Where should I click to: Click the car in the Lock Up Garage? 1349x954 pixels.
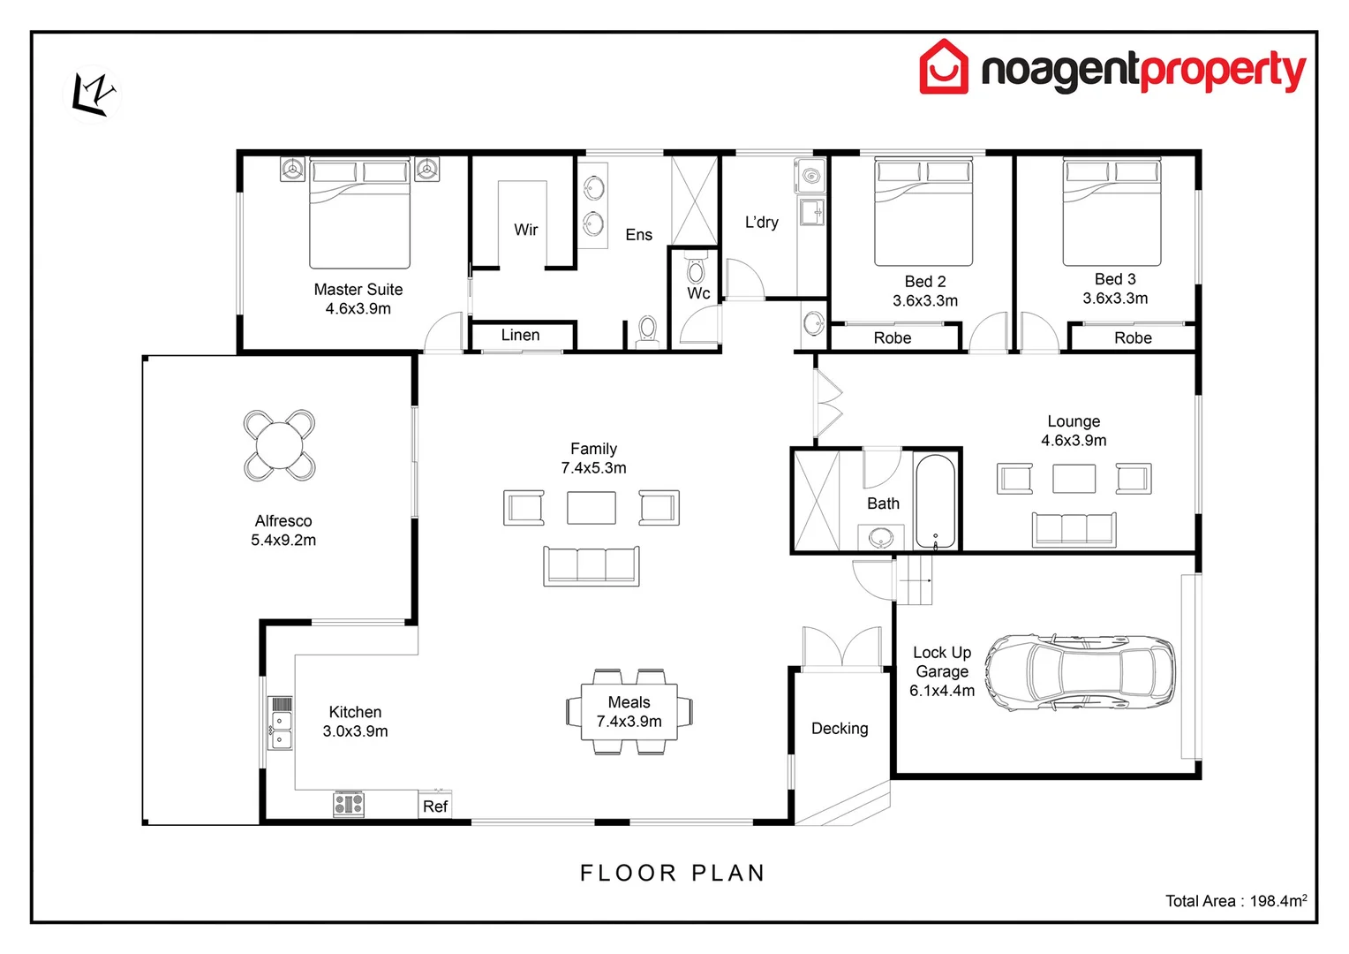(1081, 672)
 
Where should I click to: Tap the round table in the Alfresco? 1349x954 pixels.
(280, 445)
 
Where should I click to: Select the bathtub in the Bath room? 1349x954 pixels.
(934, 502)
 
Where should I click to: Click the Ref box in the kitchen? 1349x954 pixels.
(434, 806)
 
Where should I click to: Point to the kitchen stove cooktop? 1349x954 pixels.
(348, 805)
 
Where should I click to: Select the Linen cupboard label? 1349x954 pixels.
(520, 336)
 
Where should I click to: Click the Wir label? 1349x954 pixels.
(526, 230)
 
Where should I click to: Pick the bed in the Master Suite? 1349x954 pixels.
(359, 213)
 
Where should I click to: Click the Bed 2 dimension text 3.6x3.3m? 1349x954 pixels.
(924, 300)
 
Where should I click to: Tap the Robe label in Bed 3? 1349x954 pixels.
(1133, 338)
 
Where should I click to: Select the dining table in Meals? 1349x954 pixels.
(629, 712)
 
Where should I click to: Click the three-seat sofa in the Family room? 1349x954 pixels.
(592, 565)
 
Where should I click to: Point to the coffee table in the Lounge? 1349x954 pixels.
(1074, 479)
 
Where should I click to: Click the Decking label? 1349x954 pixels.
(840, 729)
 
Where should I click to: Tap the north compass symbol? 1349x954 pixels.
(94, 92)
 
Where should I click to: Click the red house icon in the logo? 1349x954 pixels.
(944, 67)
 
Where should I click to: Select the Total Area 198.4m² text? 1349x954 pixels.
(1235, 901)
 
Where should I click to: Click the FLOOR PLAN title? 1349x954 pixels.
(673, 873)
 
